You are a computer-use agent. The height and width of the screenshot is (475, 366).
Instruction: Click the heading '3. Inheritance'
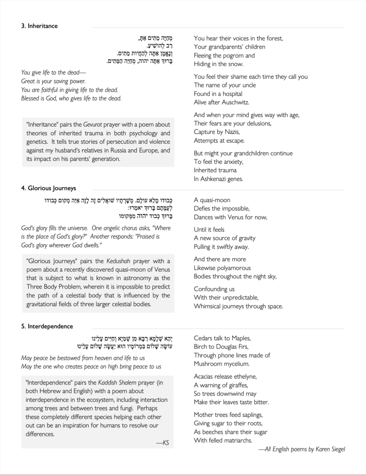tap(39, 26)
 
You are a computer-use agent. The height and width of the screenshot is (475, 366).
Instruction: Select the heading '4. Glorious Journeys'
tap(49, 188)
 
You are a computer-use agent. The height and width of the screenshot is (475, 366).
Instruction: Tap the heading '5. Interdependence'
tap(47, 326)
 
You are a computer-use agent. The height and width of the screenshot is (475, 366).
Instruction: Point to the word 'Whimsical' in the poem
tap(210, 306)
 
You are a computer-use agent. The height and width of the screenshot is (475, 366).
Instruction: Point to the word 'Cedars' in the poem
tap(204, 339)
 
